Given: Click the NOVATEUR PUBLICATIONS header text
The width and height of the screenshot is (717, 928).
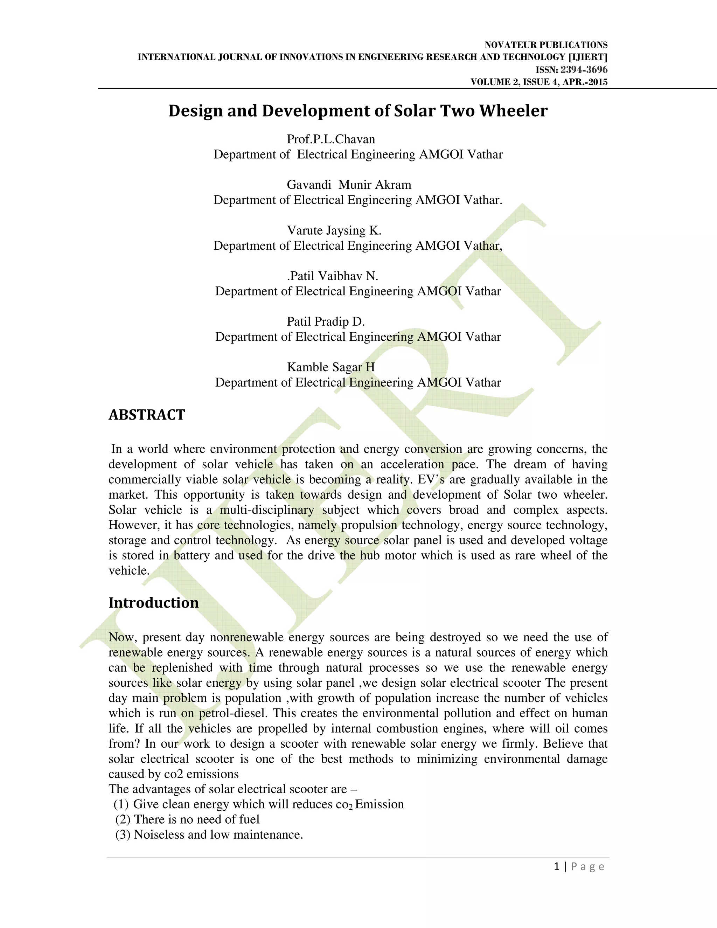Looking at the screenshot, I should click(x=546, y=45).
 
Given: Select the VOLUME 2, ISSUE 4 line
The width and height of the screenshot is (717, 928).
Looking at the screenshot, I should click(x=538, y=82).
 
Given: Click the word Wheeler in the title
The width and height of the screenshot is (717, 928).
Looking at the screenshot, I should click(x=513, y=111).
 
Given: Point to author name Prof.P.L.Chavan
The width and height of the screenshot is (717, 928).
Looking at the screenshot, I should click(x=331, y=139).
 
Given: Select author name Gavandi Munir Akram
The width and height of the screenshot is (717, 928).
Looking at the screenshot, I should click(x=349, y=185).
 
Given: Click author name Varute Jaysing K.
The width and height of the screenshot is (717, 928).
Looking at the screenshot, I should click(x=334, y=230).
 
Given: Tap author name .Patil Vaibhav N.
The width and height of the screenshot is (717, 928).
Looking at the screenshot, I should click(x=332, y=276).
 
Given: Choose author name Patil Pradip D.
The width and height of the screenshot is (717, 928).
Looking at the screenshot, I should click(x=326, y=322).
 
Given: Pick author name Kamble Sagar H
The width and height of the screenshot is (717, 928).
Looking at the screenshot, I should click(x=331, y=367).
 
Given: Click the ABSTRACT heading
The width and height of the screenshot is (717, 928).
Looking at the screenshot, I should click(x=147, y=415).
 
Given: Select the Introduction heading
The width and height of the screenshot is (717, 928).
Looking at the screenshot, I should click(x=153, y=603).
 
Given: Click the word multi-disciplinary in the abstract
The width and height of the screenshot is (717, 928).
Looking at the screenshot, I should click(x=266, y=510).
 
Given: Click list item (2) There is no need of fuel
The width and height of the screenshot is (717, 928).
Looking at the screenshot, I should click(x=187, y=819).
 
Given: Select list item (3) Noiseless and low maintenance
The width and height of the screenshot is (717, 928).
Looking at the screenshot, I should click(x=209, y=834).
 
